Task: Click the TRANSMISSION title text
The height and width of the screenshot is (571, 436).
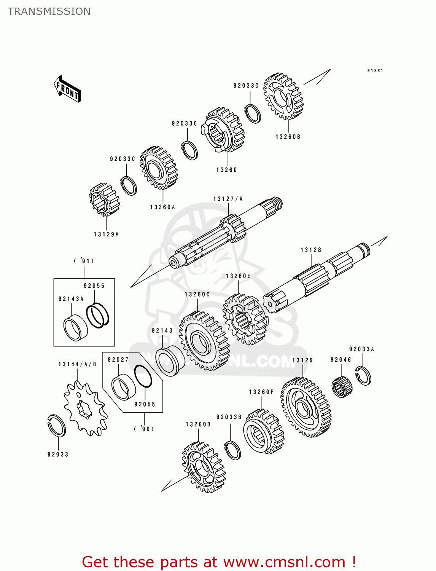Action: point(49,11)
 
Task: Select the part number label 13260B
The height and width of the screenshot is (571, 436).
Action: point(288,137)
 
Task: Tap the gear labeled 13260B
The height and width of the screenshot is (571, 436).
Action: point(283,97)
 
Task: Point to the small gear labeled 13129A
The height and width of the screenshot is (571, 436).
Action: point(104,199)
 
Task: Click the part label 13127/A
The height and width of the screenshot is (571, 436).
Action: point(228,199)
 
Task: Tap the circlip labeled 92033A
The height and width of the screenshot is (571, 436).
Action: point(363,375)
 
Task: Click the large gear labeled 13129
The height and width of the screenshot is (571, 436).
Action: point(306,408)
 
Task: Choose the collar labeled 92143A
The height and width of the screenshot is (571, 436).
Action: point(75,328)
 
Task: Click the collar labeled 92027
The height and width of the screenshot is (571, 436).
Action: point(123,387)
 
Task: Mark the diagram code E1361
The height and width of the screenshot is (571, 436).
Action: point(375,71)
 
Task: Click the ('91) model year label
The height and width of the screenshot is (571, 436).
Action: point(84,261)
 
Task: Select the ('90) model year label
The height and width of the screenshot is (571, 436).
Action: point(144,429)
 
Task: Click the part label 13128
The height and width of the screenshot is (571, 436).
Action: point(311,250)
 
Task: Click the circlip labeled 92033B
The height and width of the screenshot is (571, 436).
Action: point(232,450)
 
